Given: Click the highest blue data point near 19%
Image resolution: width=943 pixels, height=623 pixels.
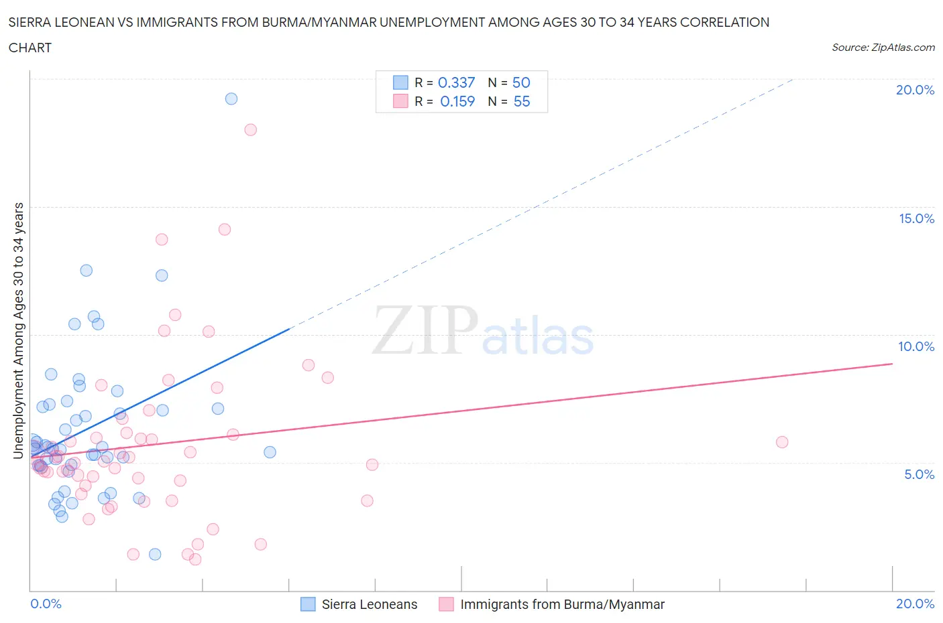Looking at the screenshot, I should (231, 98).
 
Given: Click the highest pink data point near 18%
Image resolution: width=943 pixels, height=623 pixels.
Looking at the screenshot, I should (250, 130).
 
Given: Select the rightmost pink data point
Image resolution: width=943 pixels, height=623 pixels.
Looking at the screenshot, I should (782, 442).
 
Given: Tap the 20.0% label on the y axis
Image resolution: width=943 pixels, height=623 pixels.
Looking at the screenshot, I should (915, 90).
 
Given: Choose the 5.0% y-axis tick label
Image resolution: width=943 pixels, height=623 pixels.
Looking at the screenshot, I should (919, 474).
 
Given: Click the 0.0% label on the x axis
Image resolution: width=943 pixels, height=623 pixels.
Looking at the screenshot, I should (46, 604).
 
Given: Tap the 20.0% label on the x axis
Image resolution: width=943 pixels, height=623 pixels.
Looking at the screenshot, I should (915, 604).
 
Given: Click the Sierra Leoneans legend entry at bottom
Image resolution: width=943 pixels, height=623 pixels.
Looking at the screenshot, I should (369, 604).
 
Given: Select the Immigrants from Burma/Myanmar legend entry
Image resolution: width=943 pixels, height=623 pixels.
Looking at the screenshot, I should (562, 604).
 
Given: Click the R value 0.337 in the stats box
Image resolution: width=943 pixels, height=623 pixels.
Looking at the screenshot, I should (456, 82).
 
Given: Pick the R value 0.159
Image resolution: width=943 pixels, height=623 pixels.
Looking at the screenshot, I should (457, 101).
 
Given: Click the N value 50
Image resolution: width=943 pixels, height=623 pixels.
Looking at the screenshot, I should (521, 82).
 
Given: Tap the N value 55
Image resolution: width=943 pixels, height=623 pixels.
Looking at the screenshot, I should (521, 101).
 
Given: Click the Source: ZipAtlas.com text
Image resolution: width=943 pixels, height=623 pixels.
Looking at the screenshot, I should (883, 47).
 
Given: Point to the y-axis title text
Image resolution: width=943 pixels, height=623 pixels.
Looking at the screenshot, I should (18, 330).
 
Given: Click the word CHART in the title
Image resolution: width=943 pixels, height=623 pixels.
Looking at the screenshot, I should (30, 48).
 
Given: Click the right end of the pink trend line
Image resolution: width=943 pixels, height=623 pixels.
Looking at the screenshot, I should (892, 364).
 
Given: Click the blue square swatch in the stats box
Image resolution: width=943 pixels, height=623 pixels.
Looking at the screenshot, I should (400, 82).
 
